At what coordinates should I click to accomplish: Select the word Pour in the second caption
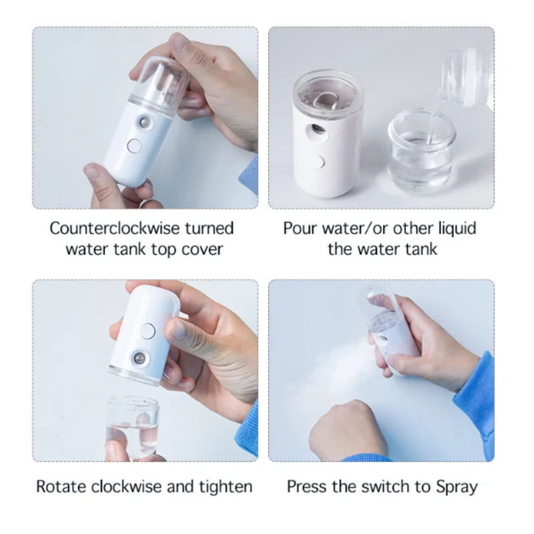pos(299,228)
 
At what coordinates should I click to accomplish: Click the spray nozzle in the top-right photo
pos(318,126)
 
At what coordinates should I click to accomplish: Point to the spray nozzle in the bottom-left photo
pos(142,358)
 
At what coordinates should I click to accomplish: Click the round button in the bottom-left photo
pos(148,330)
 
